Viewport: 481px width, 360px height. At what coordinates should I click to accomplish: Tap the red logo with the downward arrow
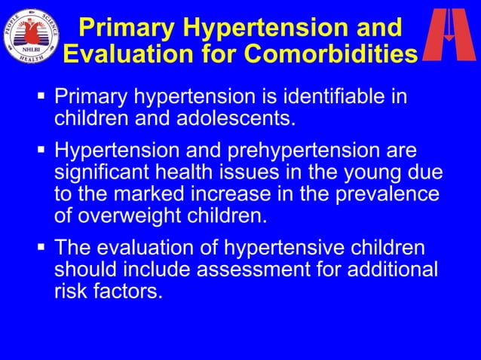click(x=449, y=35)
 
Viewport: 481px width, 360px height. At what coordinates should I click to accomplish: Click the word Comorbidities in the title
click(x=332, y=54)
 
